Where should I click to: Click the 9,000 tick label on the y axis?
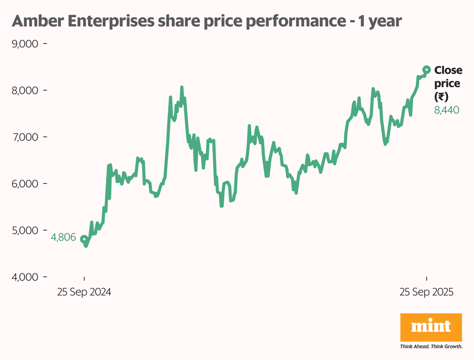pos(25,44)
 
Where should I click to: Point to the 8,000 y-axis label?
pos(25,90)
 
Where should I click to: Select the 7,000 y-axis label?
pos(25,137)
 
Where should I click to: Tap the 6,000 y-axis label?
pos(25,183)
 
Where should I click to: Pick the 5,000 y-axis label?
pos(25,230)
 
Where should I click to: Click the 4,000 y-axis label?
pos(25,277)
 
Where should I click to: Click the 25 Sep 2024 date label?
pos(84,292)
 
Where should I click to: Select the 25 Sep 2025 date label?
pos(427,292)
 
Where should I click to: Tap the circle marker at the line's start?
pos(84,239)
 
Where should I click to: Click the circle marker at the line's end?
pos(426,70)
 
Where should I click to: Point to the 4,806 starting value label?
pos(63,238)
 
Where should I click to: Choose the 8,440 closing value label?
pos(447,110)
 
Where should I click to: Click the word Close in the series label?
pos(448,70)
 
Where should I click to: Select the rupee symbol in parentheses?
pos(441,97)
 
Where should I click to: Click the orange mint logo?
pos(431,327)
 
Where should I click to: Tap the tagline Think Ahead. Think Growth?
pos(431,346)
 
